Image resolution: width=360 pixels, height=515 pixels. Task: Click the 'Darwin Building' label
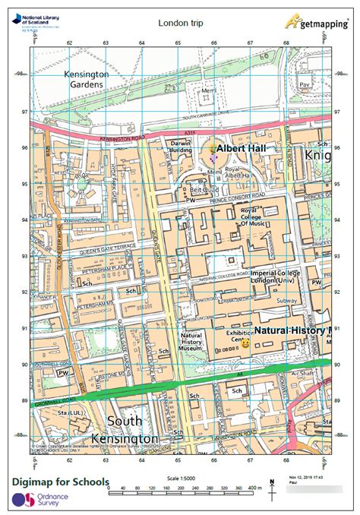coord(181,147)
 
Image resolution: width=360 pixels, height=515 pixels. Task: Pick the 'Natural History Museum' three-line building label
coord(189,341)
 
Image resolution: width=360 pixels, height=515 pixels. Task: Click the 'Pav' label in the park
coord(305,84)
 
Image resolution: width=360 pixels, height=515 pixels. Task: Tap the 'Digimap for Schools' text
coord(61,482)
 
